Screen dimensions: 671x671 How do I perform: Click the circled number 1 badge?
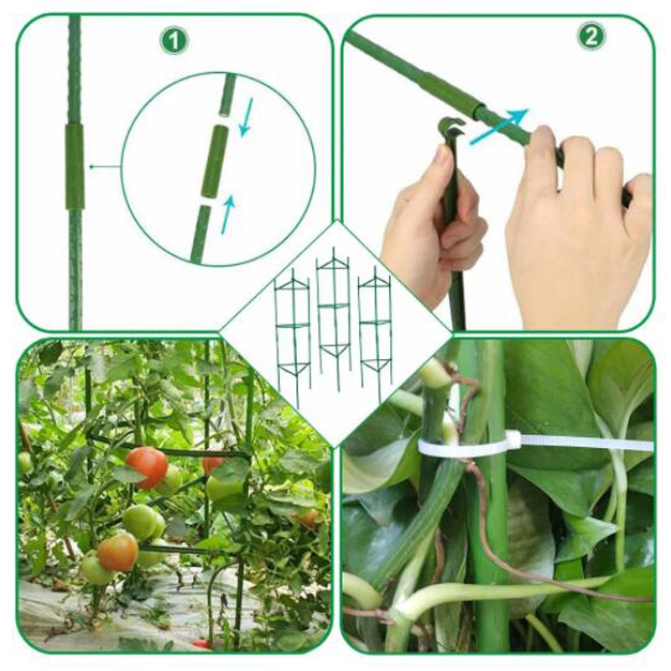(x=174, y=40)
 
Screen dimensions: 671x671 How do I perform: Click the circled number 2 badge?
(x=591, y=36)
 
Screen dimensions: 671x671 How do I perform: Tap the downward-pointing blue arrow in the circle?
(x=246, y=117)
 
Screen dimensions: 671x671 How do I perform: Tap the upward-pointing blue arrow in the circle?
(x=227, y=215)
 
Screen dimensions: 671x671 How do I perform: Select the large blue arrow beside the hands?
(x=499, y=127)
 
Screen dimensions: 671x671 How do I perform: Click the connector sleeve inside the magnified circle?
(x=214, y=162)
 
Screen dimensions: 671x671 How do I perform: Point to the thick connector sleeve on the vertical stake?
(x=75, y=166)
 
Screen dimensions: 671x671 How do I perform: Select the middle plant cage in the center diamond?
(x=333, y=318)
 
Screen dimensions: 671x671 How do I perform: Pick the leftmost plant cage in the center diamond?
(x=293, y=338)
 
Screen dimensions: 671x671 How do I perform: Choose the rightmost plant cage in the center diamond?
(x=375, y=334)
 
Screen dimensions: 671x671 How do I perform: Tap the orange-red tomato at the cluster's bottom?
(x=117, y=552)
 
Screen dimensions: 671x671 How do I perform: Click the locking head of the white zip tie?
(x=513, y=440)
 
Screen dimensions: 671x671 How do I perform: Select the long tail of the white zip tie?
(x=587, y=443)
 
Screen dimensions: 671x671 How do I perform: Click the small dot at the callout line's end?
(x=91, y=166)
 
